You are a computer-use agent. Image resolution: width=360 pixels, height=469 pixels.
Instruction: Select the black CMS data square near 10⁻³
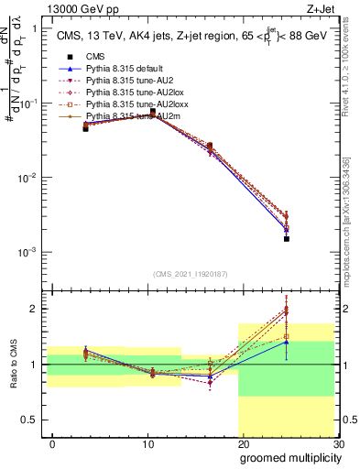(x=286, y=238)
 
